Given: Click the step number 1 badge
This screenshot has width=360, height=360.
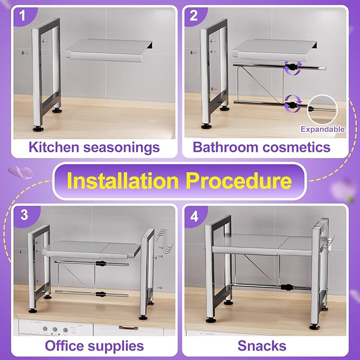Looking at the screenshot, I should pos(22,16).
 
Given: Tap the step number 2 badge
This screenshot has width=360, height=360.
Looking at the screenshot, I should pos(194,16).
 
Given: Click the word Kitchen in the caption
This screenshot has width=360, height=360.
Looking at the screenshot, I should pos(54,147).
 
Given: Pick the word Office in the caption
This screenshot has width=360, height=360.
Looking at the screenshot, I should pos(66,346).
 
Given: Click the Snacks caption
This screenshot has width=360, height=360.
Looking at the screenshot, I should pos(262,346).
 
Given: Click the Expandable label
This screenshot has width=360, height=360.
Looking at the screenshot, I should pos(322,129).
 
